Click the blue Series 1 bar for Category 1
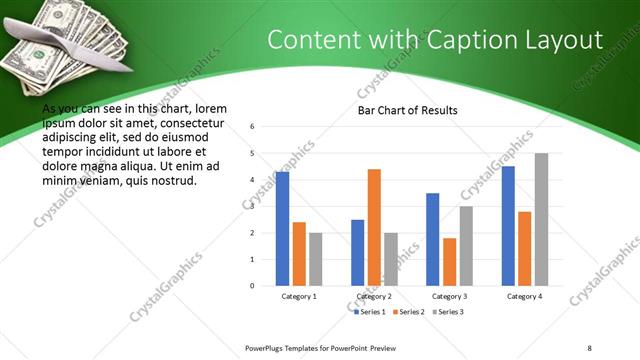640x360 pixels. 282,229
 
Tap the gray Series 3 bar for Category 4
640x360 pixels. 541,219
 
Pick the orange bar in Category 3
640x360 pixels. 450,261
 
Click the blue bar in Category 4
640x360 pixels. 508,226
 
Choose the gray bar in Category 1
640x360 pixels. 315,259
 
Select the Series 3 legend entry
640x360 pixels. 446,312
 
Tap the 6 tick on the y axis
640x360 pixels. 253,127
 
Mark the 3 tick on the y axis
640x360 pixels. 253,206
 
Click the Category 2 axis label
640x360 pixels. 374,297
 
